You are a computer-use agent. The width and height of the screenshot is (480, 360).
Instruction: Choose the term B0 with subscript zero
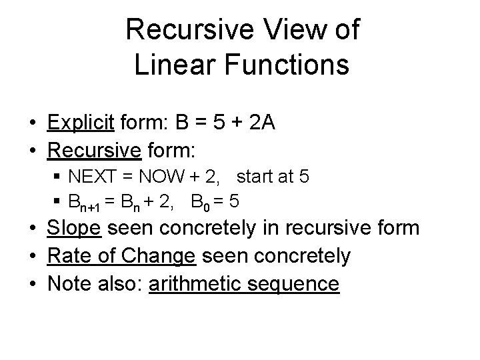tap(200, 202)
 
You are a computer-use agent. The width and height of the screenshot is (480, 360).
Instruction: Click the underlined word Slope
tap(73, 228)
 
